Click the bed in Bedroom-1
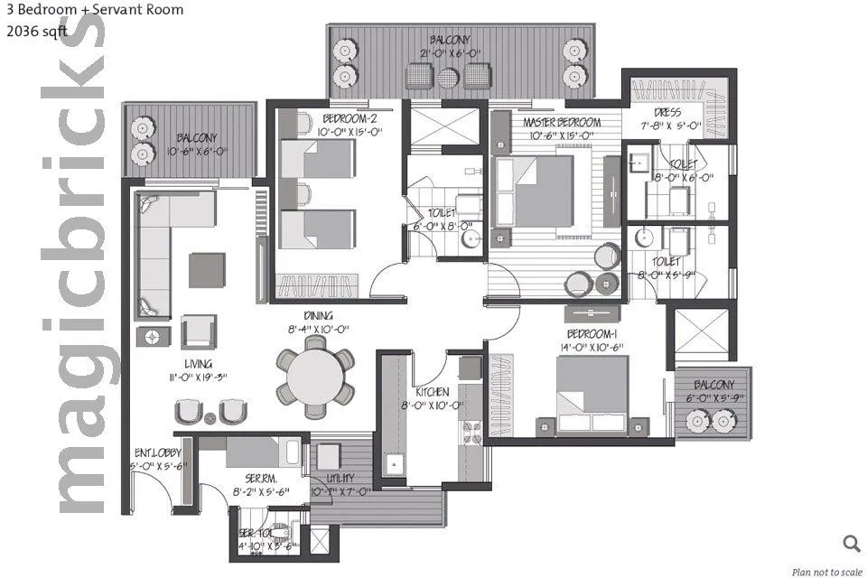pyautogui.click(x=592, y=393)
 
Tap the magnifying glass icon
pyautogui.click(x=851, y=543)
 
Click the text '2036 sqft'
pyautogui.click(x=36, y=30)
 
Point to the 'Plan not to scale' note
pyautogui.click(x=825, y=571)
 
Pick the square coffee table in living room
pyautogui.click(x=207, y=269)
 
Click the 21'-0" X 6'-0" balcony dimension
pyautogui.click(x=450, y=53)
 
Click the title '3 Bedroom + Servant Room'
pyautogui.click(x=94, y=11)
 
